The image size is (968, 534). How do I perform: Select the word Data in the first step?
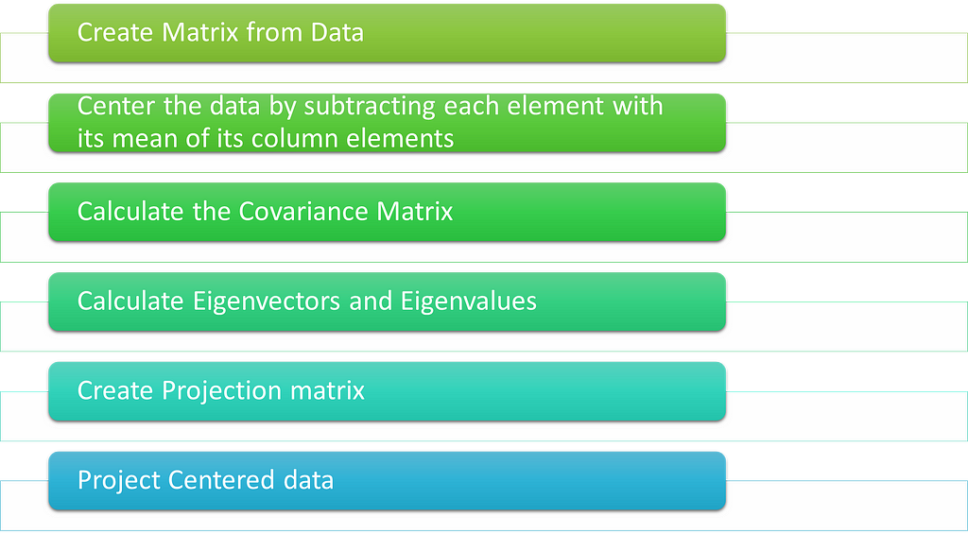coord(337,32)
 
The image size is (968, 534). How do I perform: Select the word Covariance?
coord(304,212)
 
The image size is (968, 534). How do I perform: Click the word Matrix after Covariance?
coord(415,212)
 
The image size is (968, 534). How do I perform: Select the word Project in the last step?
coord(119,481)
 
